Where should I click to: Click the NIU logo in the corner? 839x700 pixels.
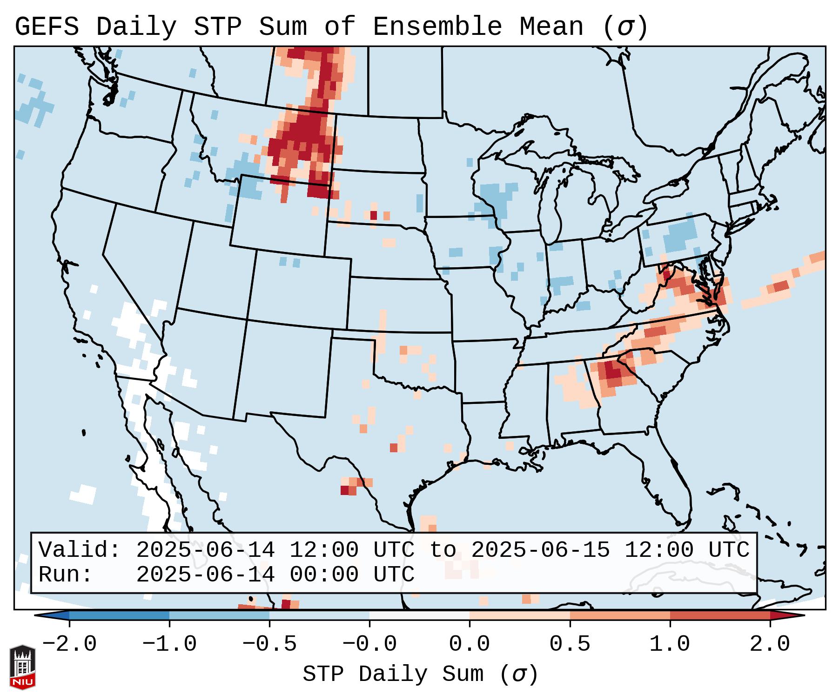pos(22,667)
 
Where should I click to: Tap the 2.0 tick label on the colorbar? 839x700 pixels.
pos(770,644)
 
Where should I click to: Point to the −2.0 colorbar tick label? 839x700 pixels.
pos(69,644)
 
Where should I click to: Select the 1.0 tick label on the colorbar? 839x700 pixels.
pos(670,644)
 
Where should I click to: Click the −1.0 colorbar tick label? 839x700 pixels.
pos(169,644)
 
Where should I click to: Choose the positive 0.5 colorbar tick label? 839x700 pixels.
pos(570,644)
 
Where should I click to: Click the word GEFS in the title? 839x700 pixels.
pos(47,27)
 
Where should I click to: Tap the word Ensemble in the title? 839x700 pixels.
pos(437,27)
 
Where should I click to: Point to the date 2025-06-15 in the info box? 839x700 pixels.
pos(540,550)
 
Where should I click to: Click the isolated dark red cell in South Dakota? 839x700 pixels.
pos(373,215)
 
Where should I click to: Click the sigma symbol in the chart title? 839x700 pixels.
pos(625,27)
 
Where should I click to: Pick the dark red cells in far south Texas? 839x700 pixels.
pos(345,490)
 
